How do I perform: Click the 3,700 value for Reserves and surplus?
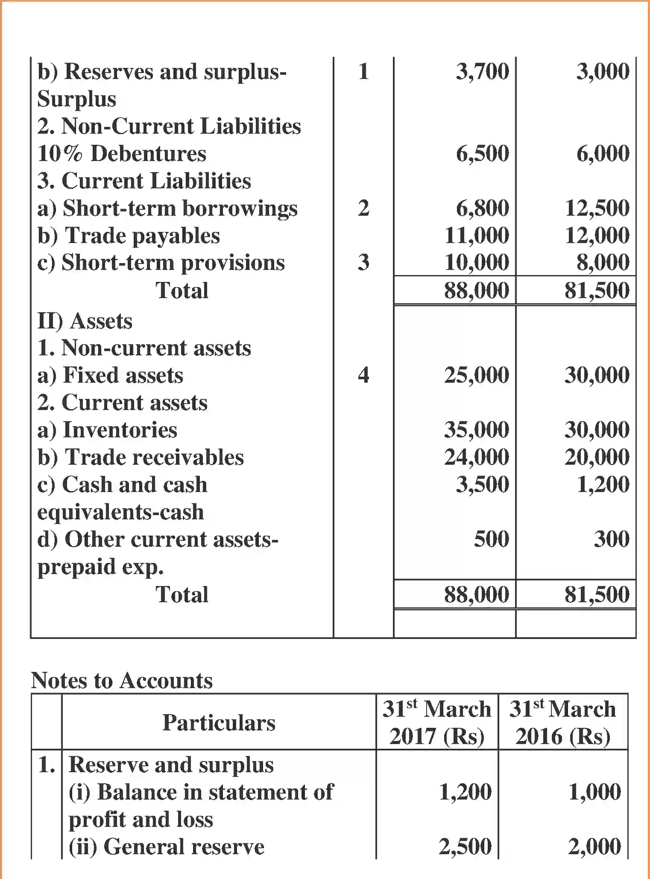482,71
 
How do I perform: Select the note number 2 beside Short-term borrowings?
363,208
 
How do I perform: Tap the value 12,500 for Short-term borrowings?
597,208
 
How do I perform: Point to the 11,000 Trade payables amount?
477,236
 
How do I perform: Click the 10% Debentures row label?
122,154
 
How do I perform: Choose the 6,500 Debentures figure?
482,154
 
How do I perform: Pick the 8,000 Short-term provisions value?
603,263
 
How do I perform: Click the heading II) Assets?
85,321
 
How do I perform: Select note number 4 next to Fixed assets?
363,375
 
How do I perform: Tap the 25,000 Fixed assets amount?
477,375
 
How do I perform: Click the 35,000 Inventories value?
477,430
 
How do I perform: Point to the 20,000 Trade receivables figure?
597,457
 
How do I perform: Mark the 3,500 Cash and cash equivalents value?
482,485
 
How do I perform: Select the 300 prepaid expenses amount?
612,539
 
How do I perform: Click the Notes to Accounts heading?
122,680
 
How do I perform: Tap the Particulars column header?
219,723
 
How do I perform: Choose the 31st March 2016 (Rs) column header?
563,723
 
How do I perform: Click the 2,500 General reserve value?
465,847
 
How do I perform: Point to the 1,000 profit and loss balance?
594,792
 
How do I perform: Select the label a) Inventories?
107,430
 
